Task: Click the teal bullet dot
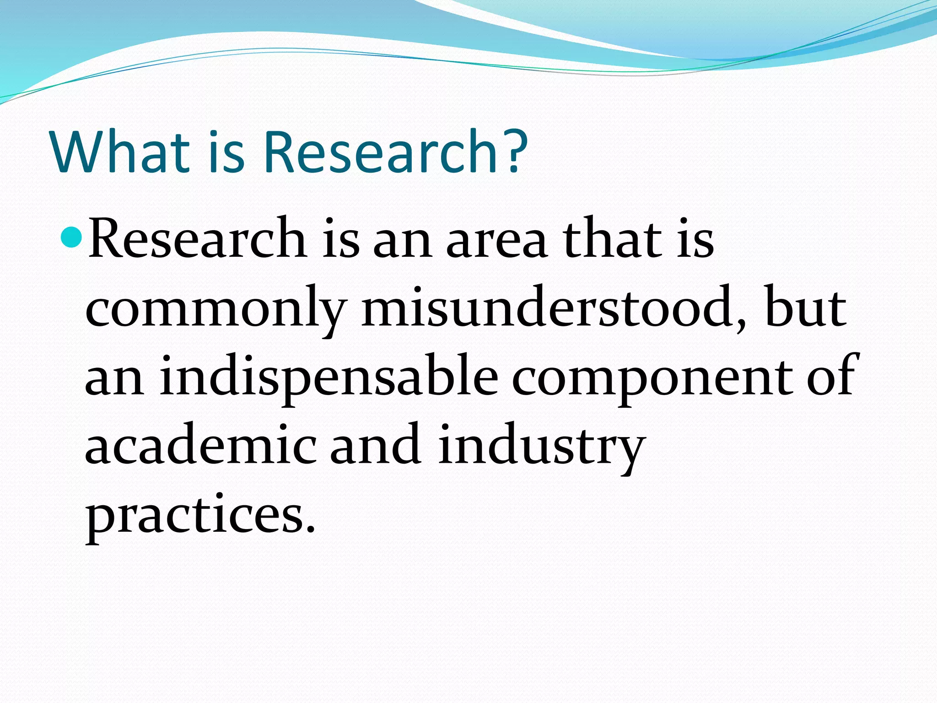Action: pos(71,237)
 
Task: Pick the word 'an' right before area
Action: pos(403,243)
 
